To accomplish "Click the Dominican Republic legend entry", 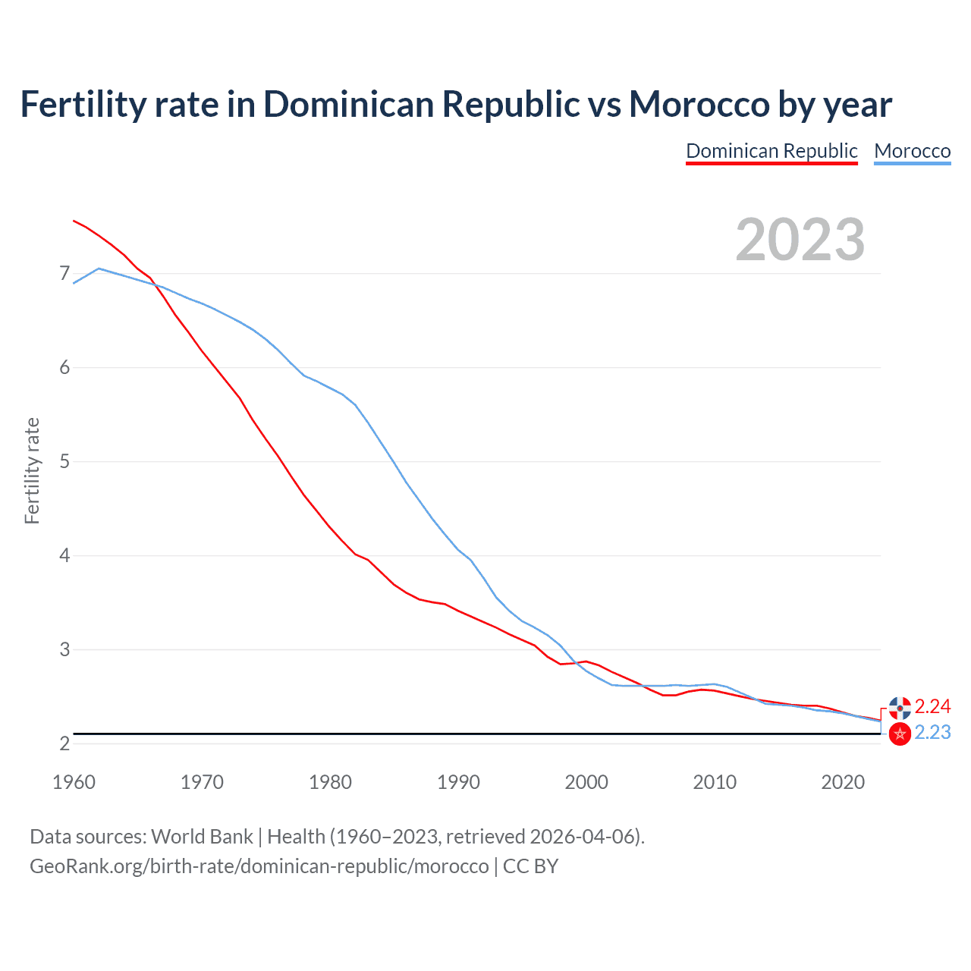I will pos(771,151).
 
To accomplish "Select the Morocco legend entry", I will pos(912,151).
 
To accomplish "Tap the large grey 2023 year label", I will pos(800,240).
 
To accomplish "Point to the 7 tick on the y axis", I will pos(64,273).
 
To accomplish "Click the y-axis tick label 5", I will pos(64,461).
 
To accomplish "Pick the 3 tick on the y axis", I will pos(64,649).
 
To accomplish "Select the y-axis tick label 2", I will pos(64,743).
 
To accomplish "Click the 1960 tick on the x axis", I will pos(74,782).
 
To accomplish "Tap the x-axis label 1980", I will pos(330,782).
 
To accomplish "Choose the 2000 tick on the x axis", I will pos(586,782).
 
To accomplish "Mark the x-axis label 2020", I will pos(843,782).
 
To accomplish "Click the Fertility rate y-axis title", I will pos(32,470).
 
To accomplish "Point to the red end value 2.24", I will pos(932,707).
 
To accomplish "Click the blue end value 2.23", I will pos(932,733).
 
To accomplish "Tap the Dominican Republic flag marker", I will pos(900,708).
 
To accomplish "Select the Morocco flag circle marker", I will pos(900,734).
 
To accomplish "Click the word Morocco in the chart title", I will pos(699,104).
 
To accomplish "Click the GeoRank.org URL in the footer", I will pos(259,866).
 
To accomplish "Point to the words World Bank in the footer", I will pos(202,837).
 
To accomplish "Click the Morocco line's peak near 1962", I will pos(99,269).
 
